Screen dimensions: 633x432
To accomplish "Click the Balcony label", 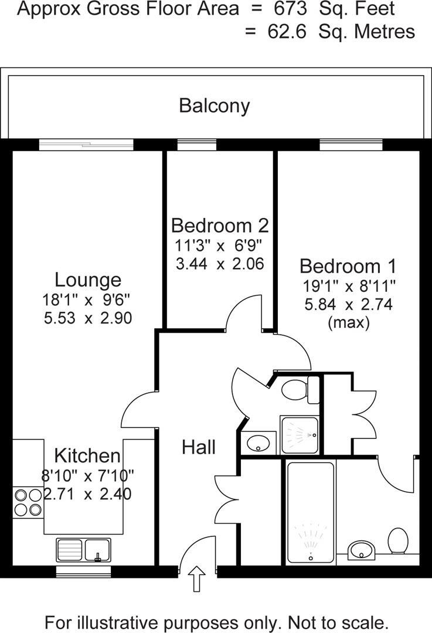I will (x=215, y=105).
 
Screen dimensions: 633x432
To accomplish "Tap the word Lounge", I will (x=88, y=280).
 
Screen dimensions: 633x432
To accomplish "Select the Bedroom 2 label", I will (x=220, y=225).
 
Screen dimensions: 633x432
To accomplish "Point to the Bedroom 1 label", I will (x=348, y=266).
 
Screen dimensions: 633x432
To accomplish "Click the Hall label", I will (x=198, y=447).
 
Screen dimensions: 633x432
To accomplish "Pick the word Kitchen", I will (x=87, y=455).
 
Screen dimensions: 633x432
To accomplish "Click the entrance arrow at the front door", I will (x=197, y=580).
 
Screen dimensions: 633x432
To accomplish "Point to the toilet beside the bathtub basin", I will (x=399, y=540).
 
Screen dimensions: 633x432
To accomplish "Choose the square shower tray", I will (x=300, y=435).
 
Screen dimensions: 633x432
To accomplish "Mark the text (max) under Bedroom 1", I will (x=348, y=322).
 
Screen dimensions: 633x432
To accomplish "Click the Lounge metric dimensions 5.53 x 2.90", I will (x=87, y=318).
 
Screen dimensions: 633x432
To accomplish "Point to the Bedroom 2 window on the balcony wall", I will (x=197, y=144).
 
